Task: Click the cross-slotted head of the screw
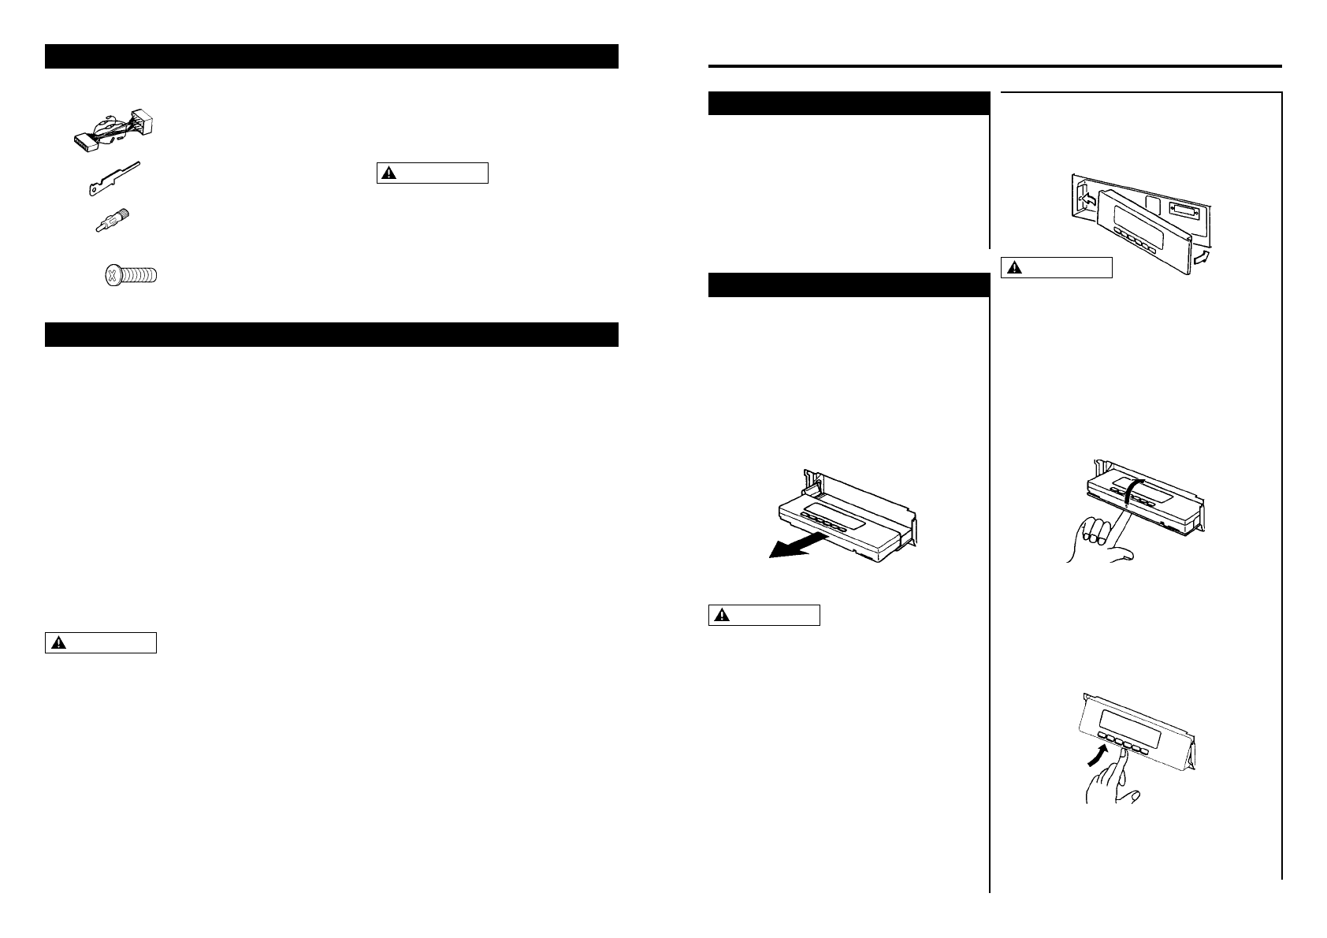(x=113, y=276)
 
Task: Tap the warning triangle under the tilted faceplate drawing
(x=1012, y=269)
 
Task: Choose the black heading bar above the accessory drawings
(x=331, y=57)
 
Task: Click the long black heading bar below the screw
(x=331, y=334)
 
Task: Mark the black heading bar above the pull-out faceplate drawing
(x=849, y=285)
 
